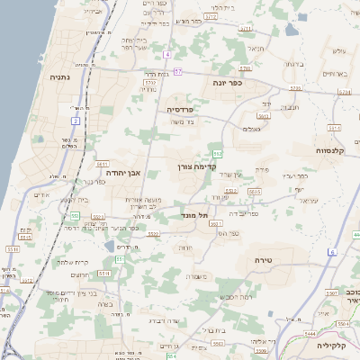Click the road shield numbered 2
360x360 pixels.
(x=76, y=119)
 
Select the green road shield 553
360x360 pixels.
(x=76, y=217)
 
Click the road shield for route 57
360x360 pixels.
(x=179, y=71)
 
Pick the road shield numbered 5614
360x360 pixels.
(x=335, y=128)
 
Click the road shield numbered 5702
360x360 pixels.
(x=149, y=83)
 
